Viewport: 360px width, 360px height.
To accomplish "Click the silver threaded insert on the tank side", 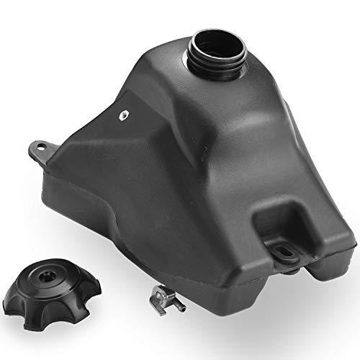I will pyautogui.click(x=124, y=113).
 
